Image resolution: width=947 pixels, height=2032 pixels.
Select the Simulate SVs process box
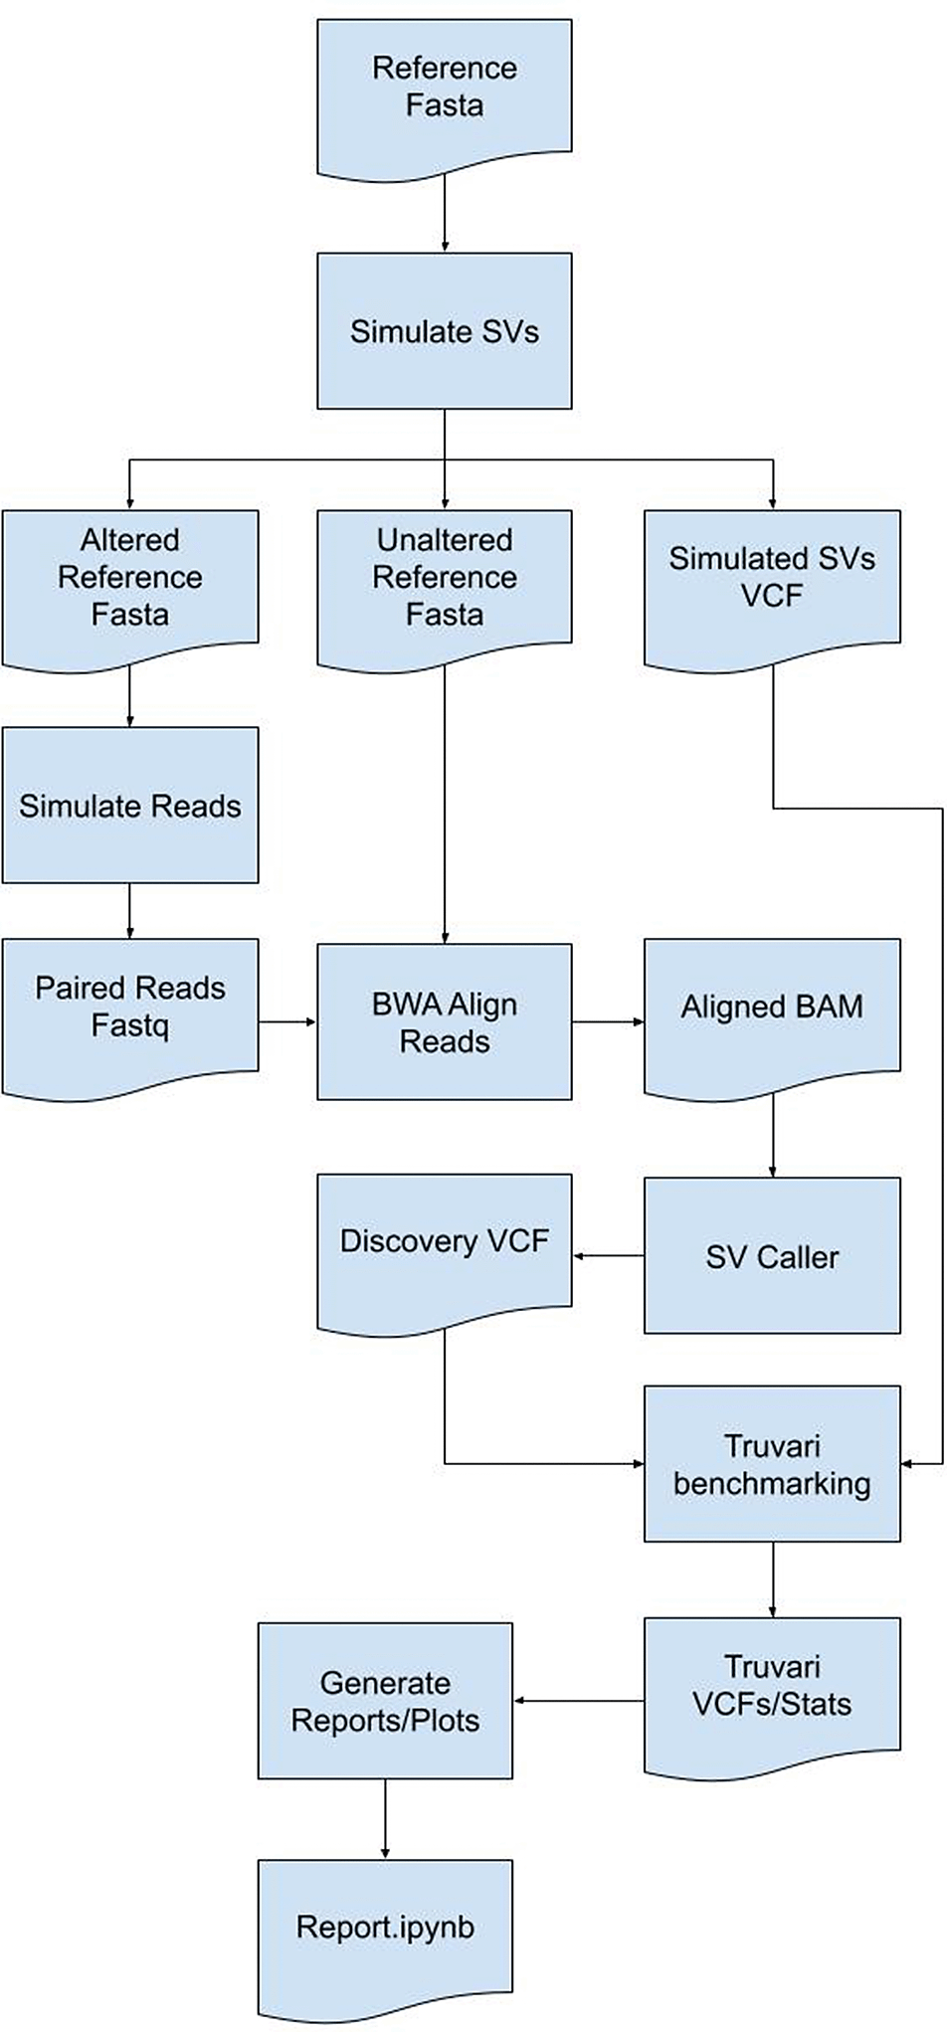[445, 331]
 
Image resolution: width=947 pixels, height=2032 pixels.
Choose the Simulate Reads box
[130, 806]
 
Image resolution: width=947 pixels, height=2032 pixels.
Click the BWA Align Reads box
[445, 1022]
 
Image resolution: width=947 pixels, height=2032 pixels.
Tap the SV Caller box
[772, 1257]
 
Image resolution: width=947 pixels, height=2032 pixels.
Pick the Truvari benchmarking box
[772, 1464]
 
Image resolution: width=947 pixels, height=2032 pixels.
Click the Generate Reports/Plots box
[385, 1702]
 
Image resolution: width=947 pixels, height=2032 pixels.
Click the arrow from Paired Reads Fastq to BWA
[287, 1021]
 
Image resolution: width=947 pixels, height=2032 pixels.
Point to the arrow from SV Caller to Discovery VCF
[609, 1256]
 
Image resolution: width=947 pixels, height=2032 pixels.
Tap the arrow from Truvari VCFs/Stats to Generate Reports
[578, 1701]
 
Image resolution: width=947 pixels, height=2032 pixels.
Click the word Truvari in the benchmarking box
[772, 1446]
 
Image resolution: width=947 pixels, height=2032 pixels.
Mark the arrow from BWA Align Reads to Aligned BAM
[608, 1021]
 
